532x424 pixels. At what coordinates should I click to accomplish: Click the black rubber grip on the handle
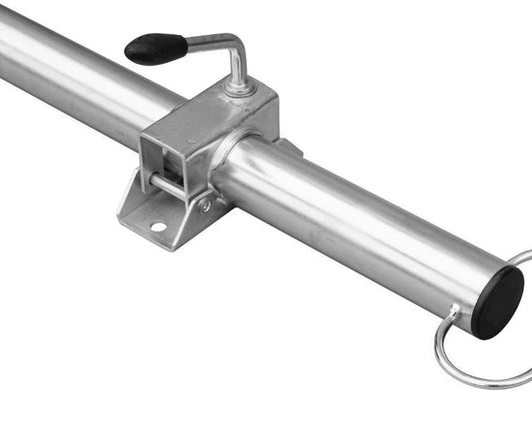(x=155, y=47)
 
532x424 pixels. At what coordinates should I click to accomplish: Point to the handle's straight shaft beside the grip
(x=205, y=40)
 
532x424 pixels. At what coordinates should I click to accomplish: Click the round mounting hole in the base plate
(x=157, y=227)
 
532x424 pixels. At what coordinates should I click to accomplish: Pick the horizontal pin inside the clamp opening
(x=169, y=186)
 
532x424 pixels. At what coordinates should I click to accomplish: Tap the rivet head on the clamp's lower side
(x=206, y=206)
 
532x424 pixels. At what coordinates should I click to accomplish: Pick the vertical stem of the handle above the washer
(x=238, y=70)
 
